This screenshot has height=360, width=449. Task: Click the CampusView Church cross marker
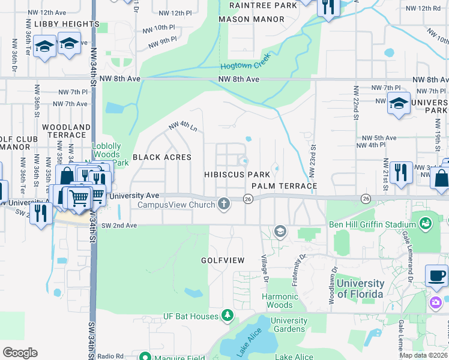pos(224,205)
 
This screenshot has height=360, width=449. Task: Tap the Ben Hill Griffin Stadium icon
pos(426,224)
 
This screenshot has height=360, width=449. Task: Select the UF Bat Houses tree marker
pos(227,315)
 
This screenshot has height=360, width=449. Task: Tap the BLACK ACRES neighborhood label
pos(161,157)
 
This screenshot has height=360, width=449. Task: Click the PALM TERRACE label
pos(284,186)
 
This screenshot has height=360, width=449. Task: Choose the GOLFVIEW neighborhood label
pos(222,260)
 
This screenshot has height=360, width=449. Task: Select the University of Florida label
pos(360,289)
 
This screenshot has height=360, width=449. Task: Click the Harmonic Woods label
pos(280,301)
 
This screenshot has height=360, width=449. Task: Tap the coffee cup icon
pos(436,276)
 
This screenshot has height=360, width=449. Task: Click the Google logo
pos(20,352)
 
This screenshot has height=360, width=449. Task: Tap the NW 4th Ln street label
pos(183,127)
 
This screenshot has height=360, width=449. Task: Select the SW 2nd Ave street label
pos(119,225)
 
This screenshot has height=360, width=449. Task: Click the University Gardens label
pos(289,325)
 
